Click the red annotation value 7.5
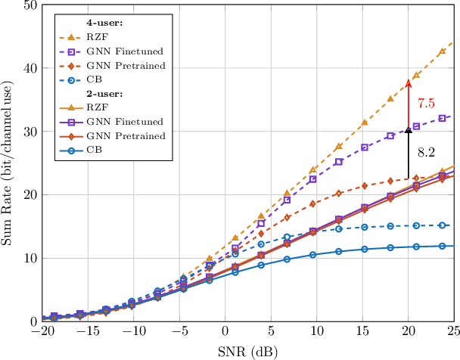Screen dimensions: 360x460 427,102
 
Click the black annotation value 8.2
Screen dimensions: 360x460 427,152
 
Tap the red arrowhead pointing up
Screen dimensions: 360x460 409,84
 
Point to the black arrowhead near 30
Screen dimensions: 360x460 409,132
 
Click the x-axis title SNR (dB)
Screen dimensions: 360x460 248,352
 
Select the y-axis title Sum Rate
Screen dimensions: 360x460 9,163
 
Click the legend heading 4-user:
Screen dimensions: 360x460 105,23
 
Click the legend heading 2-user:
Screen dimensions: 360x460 105,95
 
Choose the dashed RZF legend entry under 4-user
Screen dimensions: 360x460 99,37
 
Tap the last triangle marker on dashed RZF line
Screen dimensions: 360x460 443,51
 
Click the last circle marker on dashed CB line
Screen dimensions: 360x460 443,225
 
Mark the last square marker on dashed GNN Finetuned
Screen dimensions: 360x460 443,118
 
